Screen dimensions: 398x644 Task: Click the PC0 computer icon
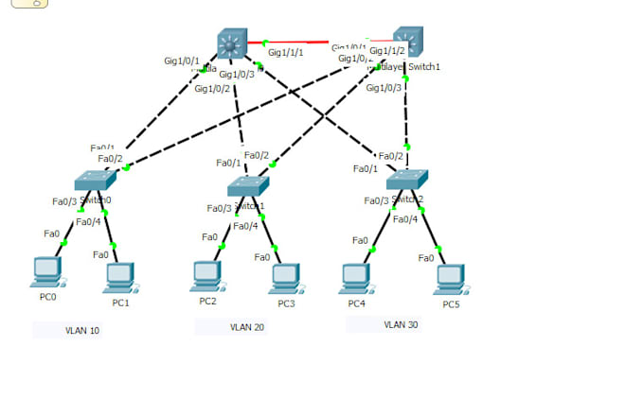pos(45,271)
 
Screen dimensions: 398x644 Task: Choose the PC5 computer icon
pos(452,278)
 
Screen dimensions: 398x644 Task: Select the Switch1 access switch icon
pos(248,184)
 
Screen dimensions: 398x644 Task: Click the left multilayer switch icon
pos(231,43)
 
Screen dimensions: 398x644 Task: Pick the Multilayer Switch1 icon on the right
pos(407,41)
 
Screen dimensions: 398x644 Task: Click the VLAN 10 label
pos(82,331)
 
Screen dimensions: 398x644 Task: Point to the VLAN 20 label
pos(247,327)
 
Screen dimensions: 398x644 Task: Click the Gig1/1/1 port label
pos(286,53)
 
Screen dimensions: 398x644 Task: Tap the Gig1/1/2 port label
pos(387,51)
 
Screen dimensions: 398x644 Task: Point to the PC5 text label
pos(452,304)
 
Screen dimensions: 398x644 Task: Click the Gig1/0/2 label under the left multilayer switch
pos(212,89)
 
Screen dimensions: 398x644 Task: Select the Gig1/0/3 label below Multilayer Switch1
pos(384,88)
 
